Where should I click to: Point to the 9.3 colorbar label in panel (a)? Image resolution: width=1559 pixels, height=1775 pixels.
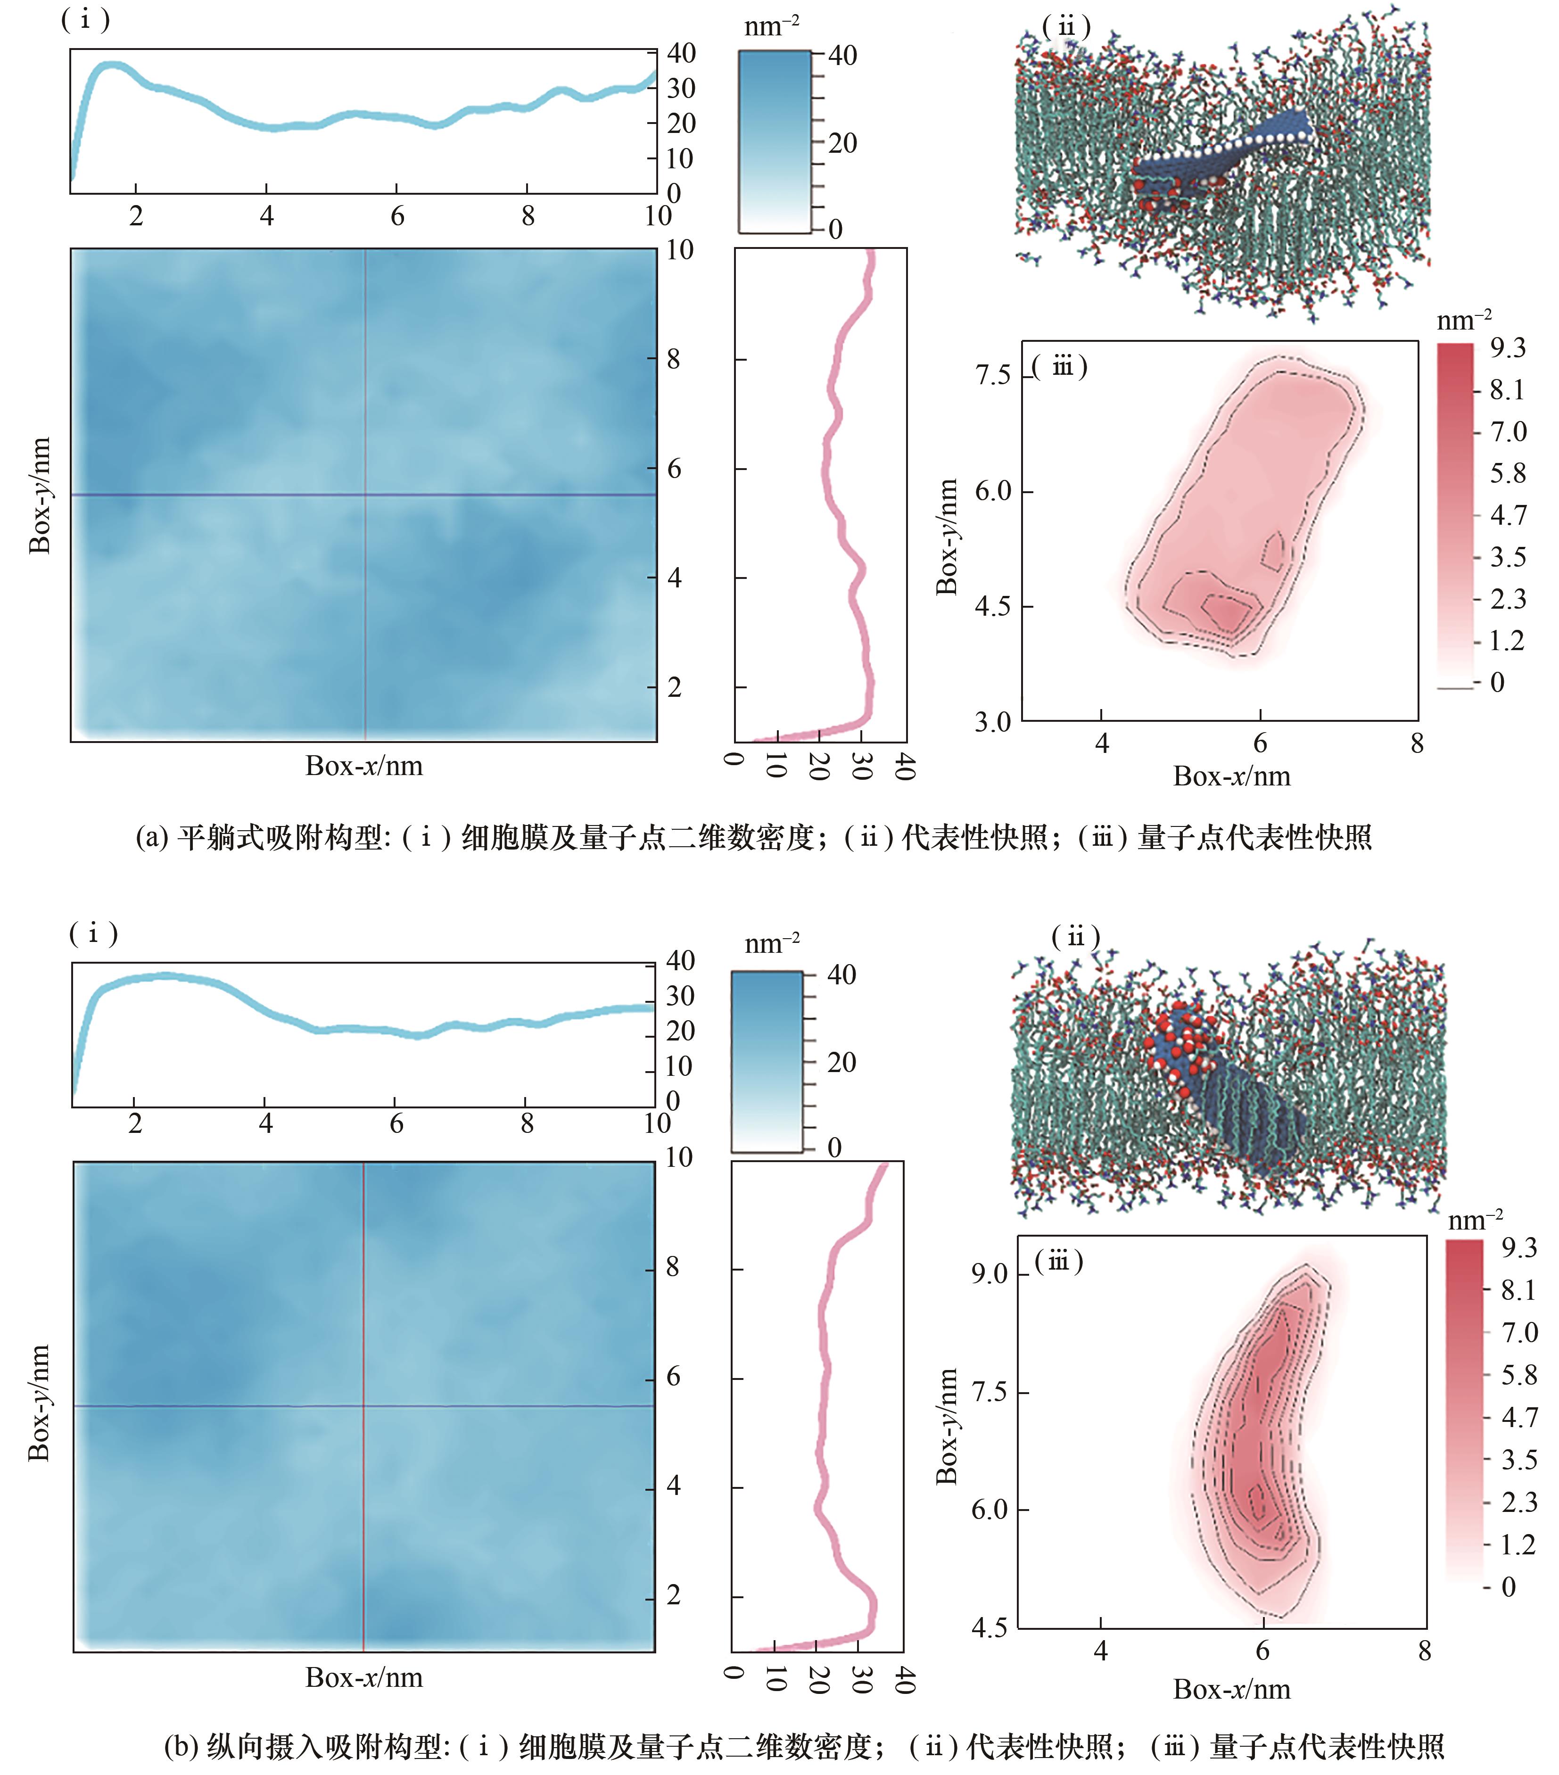pyautogui.click(x=1508, y=348)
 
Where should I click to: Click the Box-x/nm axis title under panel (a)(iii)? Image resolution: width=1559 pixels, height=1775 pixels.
pyautogui.click(x=1231, y=776)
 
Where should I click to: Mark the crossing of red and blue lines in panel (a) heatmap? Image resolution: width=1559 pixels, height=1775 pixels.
pyautogui.click(x=366, y=495)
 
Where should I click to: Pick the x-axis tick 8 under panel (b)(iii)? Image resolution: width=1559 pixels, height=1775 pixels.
pyautogui.click(x=1424, y=1650)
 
